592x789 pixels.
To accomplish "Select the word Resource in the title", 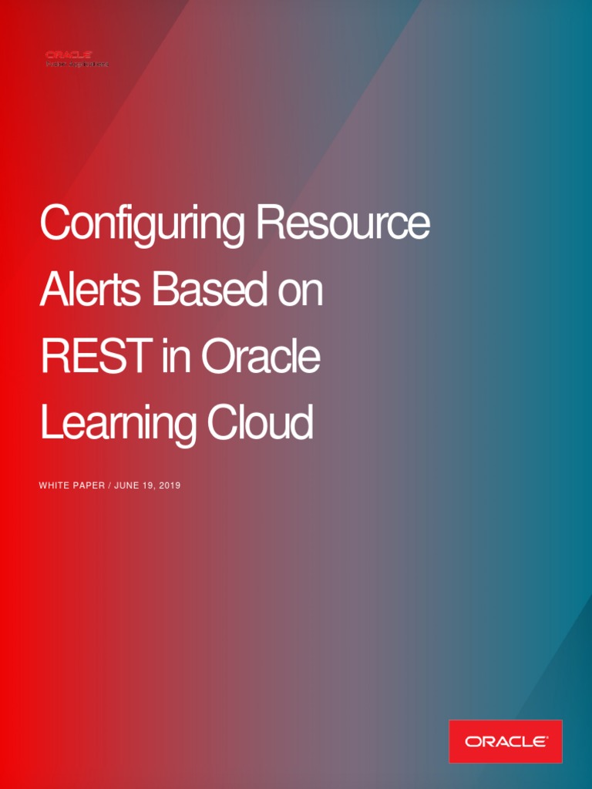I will click(x=343, y=223).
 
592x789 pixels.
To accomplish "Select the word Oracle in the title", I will click(x=261, y=358).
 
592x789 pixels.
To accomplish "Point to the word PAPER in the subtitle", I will click(x=89, y=486).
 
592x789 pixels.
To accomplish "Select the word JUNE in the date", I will click(x=127, y=486).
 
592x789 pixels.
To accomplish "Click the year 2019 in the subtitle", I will click(x=170, y=486).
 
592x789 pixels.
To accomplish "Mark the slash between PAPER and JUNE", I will click(x=109, y=486).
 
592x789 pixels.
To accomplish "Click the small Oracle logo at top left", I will click(x=69, y=55).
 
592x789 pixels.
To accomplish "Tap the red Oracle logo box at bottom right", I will click(x=506, y=741).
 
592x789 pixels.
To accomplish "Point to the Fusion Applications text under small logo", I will click(x=77, y=64).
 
